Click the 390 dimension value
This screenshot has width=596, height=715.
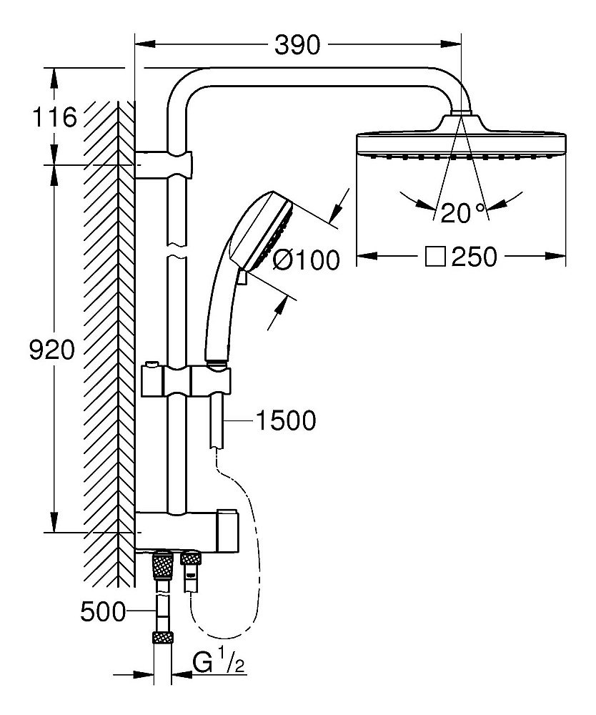297,45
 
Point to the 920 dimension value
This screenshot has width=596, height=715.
51,350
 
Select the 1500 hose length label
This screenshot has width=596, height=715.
285,421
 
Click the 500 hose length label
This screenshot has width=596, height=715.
103,611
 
